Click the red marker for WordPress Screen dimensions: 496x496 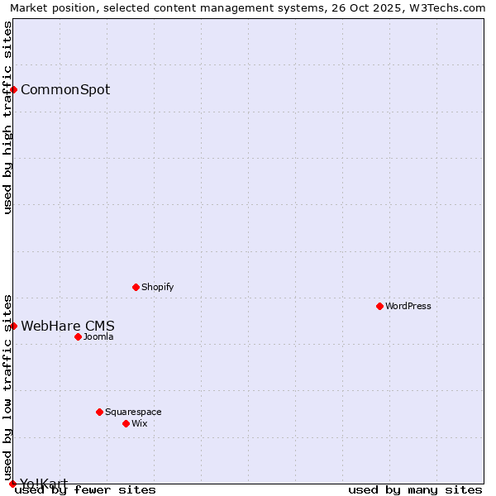pos(379,306)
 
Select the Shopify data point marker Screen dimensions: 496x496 pos(136,287)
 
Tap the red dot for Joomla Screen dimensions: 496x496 pos(78,336)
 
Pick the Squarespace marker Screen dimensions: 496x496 pos(99,412)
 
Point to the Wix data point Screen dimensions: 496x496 pos(126,423)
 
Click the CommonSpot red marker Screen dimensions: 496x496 pos(14,89)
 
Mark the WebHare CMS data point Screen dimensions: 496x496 pos(14,326)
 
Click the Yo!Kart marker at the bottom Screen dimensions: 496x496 pos(12,484)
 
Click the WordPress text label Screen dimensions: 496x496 pos(408,306)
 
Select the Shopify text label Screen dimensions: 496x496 pos(157,287)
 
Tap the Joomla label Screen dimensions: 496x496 pos(98,336)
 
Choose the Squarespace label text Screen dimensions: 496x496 pos(133,412)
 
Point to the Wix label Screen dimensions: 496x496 pos(139,423)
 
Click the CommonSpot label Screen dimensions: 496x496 pos(65,89)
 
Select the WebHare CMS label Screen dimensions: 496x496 pos(68,326)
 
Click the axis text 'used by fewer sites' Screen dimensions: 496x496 pos(85,490)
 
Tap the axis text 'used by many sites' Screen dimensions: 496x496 pos(415,490)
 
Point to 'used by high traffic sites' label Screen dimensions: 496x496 pos(7,117)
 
